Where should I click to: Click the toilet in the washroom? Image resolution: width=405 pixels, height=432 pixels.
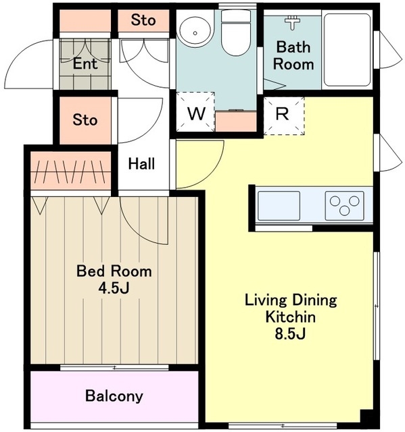tap(235, 33)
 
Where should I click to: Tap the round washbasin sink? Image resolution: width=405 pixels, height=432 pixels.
tap(195, 32)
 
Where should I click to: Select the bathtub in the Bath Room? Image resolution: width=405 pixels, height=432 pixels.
tap(347, 50)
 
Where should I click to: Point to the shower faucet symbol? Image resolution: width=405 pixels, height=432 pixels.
tap(293, 22)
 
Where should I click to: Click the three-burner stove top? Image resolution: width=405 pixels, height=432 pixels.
tap(344, 205)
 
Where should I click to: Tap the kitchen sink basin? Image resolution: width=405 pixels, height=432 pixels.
tap(279, 205)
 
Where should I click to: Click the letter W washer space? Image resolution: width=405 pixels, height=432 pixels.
tap(195, 113)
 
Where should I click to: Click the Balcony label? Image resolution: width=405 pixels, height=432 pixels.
tap(114, 396)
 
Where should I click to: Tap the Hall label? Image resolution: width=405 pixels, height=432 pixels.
tap(141, 163)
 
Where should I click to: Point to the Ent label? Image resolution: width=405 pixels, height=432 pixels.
tap(85, 64)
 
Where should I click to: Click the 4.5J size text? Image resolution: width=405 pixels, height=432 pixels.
tap(114, 288)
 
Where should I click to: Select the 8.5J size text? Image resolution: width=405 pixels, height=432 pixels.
tap(290, 333)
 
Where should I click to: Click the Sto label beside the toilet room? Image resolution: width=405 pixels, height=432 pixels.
tap(143, 20)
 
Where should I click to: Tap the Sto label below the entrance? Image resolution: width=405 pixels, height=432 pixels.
tap(85, 120)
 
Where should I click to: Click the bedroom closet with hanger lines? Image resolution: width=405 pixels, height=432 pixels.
tap(71, 171)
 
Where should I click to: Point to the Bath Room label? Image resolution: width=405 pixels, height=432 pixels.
tap(293, 55)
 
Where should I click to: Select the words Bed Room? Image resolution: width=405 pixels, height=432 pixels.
tap(114, 271)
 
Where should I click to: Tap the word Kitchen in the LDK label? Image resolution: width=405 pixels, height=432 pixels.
tap(291, 317)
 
